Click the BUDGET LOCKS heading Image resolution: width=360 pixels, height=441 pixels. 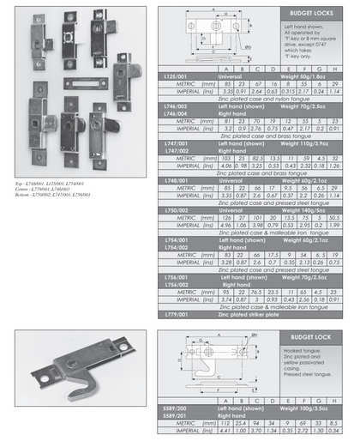[309, 15]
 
